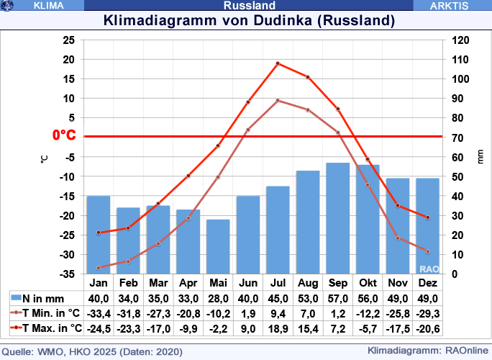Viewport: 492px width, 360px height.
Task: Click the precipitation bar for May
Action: [218, 246]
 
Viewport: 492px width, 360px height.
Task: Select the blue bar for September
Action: [337, 218]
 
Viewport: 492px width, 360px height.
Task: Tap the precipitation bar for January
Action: [99, 235]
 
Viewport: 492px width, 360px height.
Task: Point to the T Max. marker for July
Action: [278, 63]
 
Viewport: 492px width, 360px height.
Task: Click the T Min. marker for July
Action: [278, 101]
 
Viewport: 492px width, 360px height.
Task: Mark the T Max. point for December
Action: [427, 217]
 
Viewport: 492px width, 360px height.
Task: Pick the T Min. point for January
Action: [99, 268]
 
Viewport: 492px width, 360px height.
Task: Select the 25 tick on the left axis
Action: [69, 40]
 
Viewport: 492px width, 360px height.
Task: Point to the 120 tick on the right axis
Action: [458, 40]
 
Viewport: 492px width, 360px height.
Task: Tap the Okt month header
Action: [368, 283]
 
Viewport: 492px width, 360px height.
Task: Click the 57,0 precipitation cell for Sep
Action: [337, 299]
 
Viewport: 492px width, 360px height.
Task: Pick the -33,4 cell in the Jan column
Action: [99, 313]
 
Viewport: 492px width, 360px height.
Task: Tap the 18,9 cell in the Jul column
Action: [278, 328]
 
